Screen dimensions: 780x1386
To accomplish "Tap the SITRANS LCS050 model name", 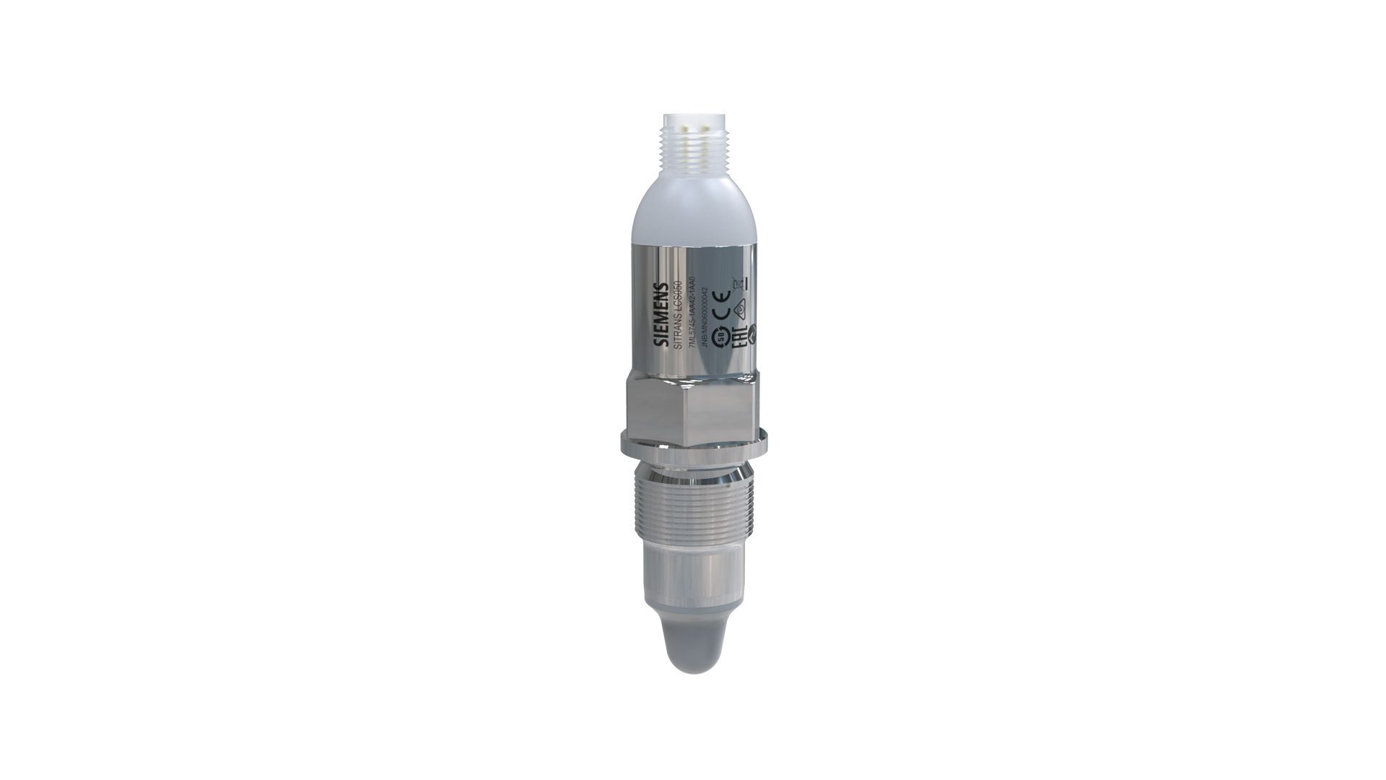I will pos(677,316).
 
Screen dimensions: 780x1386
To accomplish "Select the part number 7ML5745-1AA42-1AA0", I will pos(692,312).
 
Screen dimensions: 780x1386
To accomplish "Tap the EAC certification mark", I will pos(739,337).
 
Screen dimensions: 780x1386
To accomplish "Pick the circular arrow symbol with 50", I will pos(721,337).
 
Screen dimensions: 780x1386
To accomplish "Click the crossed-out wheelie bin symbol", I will pos(738,283).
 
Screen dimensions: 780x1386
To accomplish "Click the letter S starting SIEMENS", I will pos(661,341).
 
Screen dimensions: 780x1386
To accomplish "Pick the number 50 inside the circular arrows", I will pos(721,337).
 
